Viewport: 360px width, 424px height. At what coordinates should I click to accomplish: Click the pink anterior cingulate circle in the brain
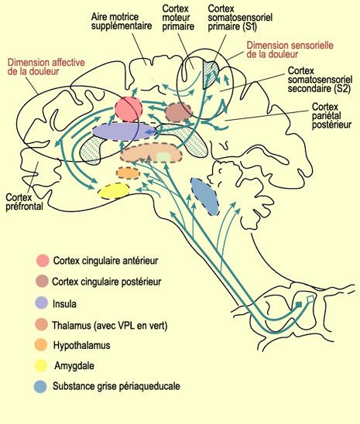[x=129, y=109]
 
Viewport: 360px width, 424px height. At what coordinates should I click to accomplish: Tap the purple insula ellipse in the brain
[x=123, y=132]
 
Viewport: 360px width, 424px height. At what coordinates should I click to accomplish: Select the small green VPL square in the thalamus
[x=163, y=157]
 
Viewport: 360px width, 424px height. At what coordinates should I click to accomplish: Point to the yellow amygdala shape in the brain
[x=114, y=191]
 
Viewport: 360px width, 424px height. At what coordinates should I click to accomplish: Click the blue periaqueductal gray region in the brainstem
[x=205, y=197]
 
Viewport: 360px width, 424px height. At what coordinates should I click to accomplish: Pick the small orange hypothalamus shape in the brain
[x=129, y=173]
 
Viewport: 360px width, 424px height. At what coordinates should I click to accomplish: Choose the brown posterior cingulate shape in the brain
[x=178, y=112]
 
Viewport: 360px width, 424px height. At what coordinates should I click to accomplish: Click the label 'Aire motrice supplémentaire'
[x=122, y=22]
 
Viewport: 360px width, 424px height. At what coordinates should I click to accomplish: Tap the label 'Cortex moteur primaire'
[x=178, y=18]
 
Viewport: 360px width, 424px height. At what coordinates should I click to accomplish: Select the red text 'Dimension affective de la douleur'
[x=46, y=67]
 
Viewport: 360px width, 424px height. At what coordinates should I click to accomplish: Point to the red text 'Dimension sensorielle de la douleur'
[x=290, y=50]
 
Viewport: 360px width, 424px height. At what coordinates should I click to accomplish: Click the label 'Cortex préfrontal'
[x=24, y=202]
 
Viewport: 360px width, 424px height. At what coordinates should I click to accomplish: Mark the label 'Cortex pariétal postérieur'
[x=331, y=115]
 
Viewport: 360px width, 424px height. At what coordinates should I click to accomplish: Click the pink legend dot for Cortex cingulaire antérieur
[x=43, y=261]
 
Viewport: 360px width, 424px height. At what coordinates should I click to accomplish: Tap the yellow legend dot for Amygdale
[x=41, y=366]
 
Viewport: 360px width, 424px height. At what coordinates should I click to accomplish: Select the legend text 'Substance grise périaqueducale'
[x=116, y=386]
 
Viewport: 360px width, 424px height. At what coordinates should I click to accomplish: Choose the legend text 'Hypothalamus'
[x=82, y=345]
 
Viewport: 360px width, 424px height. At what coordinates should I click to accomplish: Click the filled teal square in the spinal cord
[x=299, y=305]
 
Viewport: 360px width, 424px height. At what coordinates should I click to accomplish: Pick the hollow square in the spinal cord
[x=310, y=299]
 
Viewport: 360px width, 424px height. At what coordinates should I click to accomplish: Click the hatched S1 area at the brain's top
[x=209, y=74]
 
